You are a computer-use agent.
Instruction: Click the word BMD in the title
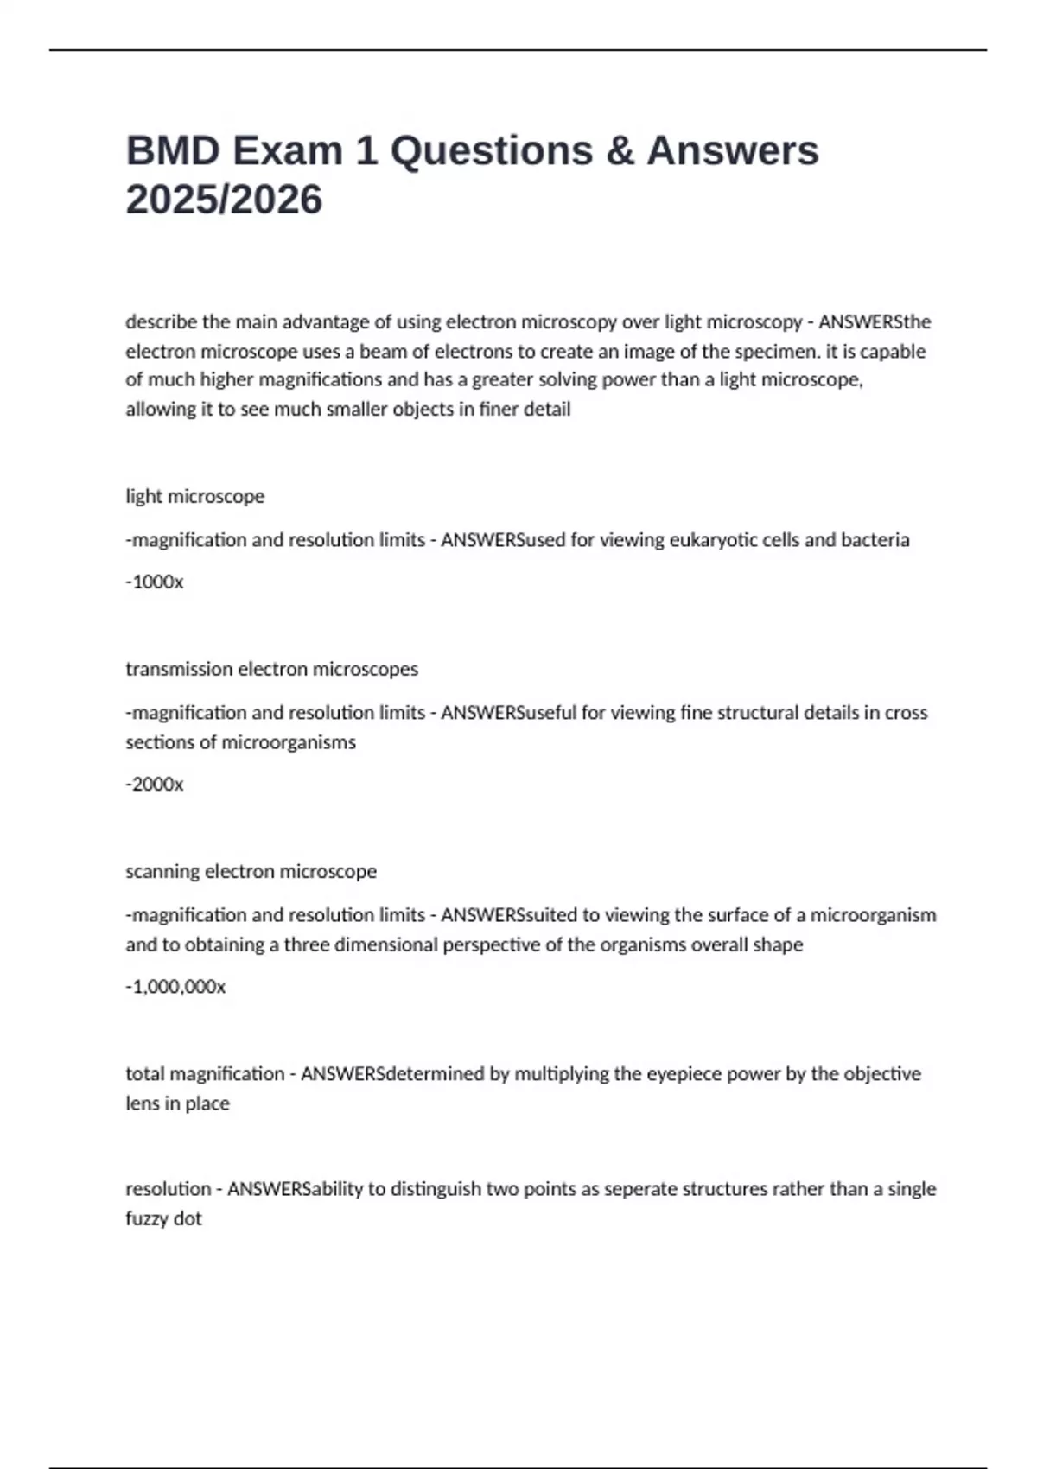click(173, 150)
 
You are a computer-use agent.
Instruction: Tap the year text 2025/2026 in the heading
click(224, 200)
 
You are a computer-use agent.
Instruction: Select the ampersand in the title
click(619, 150)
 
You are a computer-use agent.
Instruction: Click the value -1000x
click(155, 582)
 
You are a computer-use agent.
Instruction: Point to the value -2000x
click(155, 784)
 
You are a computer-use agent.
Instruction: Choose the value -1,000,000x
click(175, 986)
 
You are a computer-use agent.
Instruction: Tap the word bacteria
click(876, 539)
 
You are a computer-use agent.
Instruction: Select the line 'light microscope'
click(195, 496)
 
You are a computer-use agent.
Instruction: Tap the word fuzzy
click(145, 1218)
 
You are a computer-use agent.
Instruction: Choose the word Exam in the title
click(287, 150)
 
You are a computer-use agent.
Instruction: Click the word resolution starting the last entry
click(169, 1189)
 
